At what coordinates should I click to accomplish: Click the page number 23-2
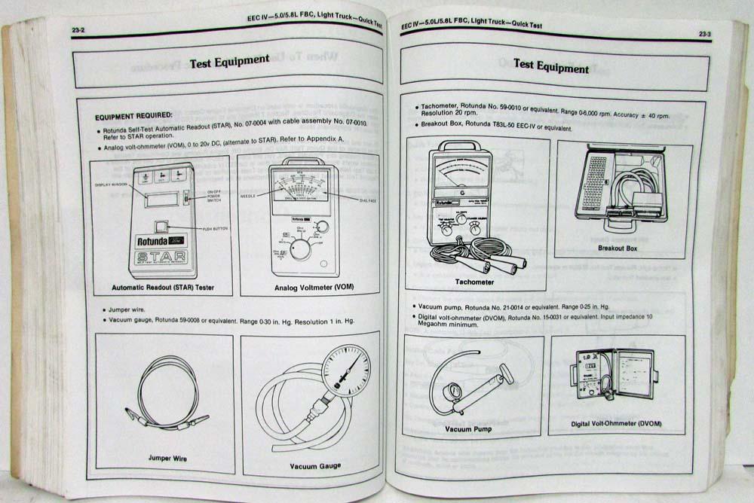(78, 30)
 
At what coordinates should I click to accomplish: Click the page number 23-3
(704, 34)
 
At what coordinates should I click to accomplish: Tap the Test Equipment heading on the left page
(229, 60)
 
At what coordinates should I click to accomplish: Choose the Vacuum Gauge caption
(315, 465)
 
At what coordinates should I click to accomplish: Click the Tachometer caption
(474, 282)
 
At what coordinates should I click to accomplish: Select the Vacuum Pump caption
(468, 428)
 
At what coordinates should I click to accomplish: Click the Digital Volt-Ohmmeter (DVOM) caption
(616, 424)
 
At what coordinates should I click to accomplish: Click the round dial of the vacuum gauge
(345, 370)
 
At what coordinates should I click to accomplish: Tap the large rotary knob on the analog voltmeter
(299, 249)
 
